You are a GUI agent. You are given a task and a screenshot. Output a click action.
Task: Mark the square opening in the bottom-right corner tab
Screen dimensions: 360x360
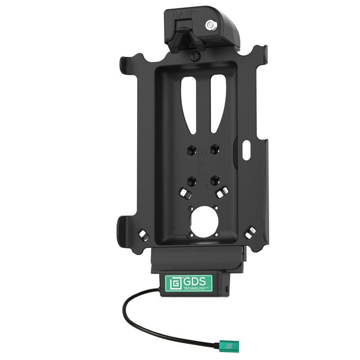pyautogui.click(x=251, y=232)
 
